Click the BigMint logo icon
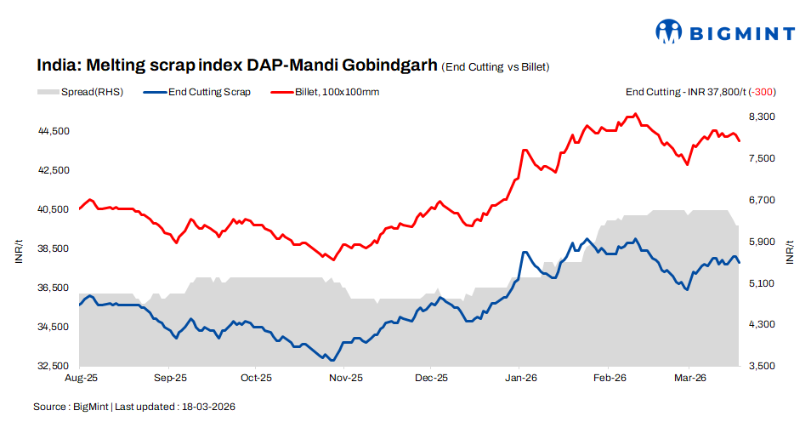tap(669, 32)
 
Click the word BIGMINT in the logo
tap(741, 34)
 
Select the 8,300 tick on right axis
tap(761, 117)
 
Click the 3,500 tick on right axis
tap(761, 366)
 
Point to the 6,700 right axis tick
tap(761, 200)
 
